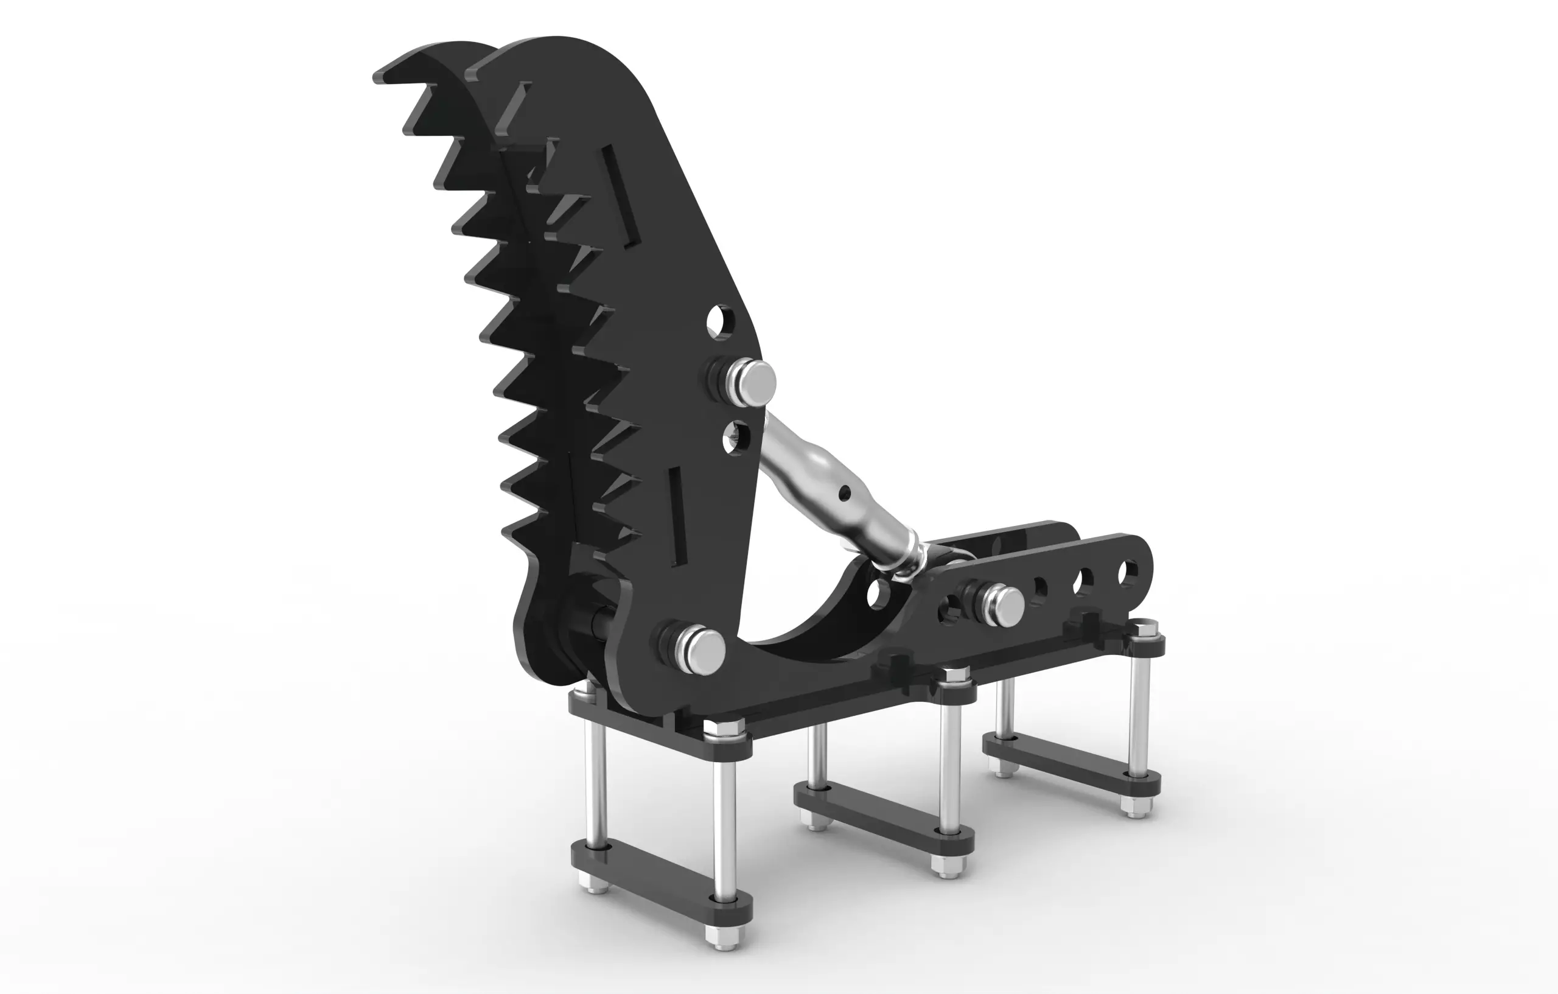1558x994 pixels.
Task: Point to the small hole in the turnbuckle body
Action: (843, 494)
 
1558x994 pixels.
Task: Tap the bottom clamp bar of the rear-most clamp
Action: (1071, 766)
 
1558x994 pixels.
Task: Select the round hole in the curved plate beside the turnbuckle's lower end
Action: (878, 593)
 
